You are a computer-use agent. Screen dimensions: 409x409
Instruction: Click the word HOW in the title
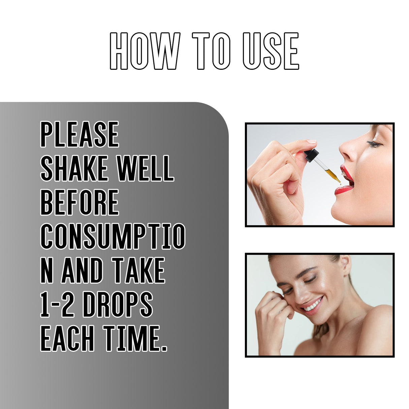[145, 51]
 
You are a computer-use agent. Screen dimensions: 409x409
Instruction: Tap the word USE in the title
[271, 51]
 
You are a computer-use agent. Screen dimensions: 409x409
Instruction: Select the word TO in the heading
[211, 51]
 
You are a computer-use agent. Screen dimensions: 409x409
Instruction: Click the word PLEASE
[80, 134]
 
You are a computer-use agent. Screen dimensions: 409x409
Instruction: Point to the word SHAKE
[74, 168]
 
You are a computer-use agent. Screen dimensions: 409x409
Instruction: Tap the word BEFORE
[80, 202]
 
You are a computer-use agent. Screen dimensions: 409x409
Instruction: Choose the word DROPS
[118, 305]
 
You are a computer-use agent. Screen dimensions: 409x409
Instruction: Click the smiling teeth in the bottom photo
[312, 306]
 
